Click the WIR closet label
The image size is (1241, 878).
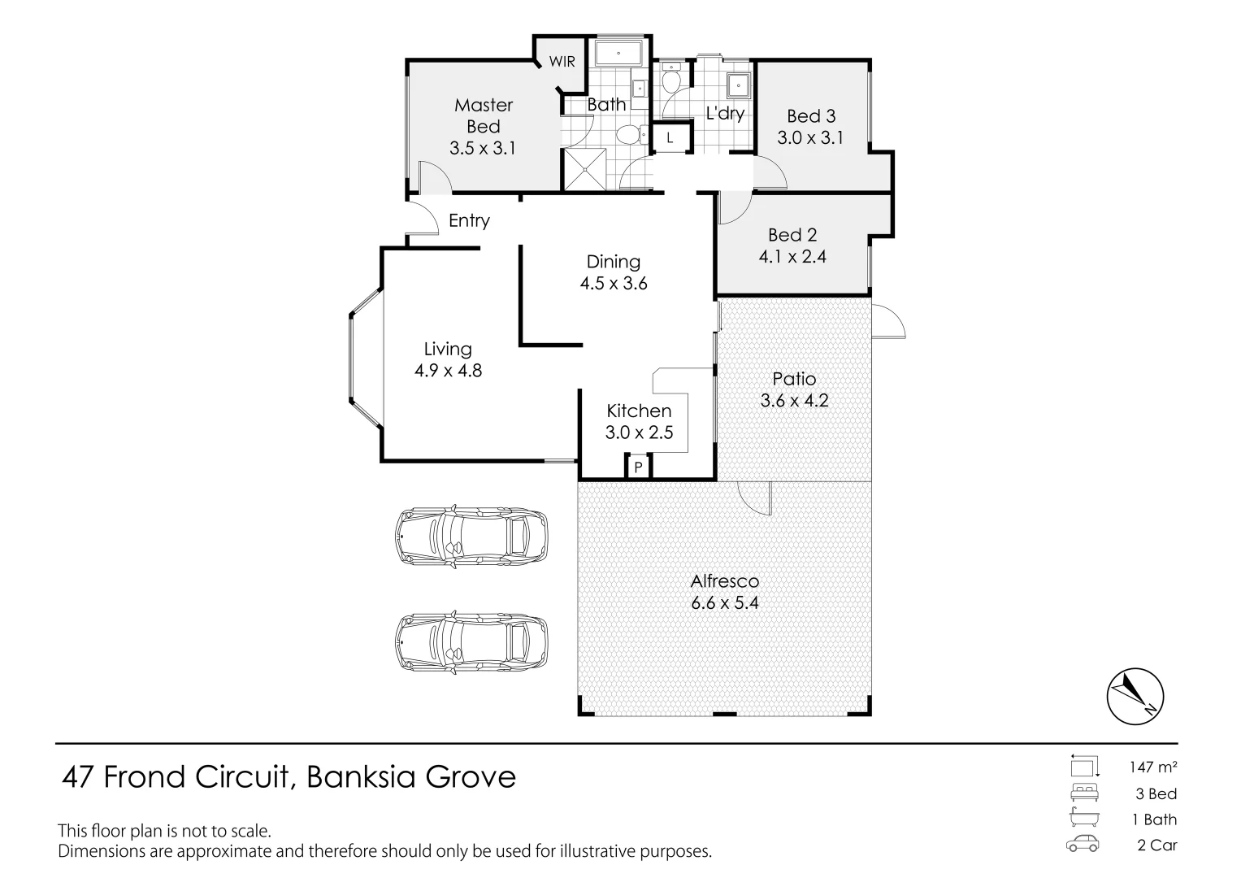pos(562,62)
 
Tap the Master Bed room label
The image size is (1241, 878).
pos(484,115)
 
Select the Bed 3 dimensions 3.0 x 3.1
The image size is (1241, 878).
pos(810,138)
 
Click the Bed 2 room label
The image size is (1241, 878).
pos(792,235)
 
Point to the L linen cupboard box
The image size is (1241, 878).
pos(670,138)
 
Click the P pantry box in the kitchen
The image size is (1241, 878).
pos(638,467)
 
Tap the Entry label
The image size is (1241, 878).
pos(469,220)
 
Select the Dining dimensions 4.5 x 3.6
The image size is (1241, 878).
pos(614,284)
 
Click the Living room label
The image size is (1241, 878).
pos(448,349)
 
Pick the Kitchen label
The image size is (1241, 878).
pos(639,411)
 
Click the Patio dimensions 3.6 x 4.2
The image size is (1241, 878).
pos(794,401)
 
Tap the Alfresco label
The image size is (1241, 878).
pos(724,581)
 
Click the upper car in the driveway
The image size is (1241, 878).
pos(471,537)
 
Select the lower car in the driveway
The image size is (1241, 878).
pos(471,642)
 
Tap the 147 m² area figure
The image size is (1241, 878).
pos(1153,767)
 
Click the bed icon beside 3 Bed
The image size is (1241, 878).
pos(1083,793)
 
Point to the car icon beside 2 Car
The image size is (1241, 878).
pos(1083,845)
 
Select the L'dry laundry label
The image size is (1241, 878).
pos(725,113)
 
